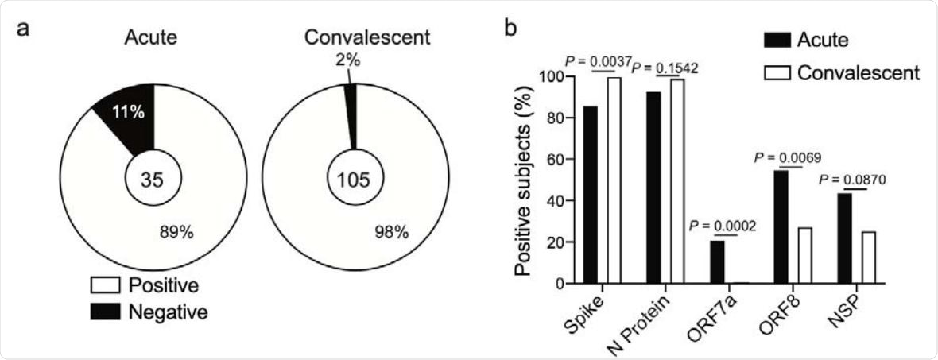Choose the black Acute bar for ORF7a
coord(717,261)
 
